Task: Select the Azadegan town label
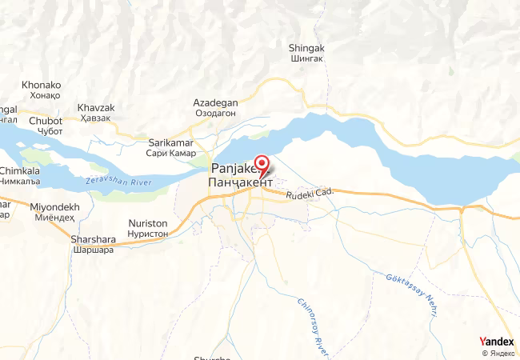(x=215, y=103)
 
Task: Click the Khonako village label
(x=41, y=84)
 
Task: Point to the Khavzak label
(x=96, y=108)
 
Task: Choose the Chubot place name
(x=45, y=121)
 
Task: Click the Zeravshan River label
(x=117, y=183)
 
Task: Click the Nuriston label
(x=148, y=223)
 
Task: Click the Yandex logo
(x=497, y=342)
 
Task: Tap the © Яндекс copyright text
(x=498, y=353)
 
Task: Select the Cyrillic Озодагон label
(x=215, y=114)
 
